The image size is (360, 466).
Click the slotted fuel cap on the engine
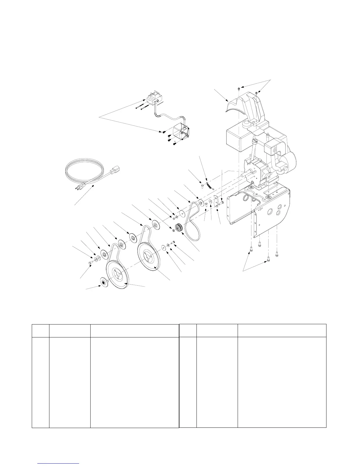coord(254,142)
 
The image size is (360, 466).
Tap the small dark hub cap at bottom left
coord(104,281)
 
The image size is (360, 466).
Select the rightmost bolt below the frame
coord(277,253)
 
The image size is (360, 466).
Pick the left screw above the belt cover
coord(239,88)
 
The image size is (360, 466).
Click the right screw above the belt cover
coord(257,93)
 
